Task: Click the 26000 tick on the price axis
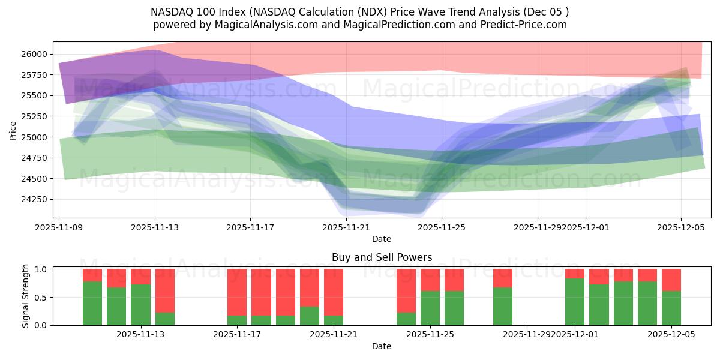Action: pyautogui.click(x=34, y=54)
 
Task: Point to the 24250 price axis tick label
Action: pyautogui.click(x=34, y=199)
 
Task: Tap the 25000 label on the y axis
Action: pyautogui.click(x=34, y=137)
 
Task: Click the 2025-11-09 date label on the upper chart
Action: pyautogui.click(x=59, y=227)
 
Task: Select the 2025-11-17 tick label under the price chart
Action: pyautogui.click(x=250, y=227)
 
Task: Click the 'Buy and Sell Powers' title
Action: pyautogui.click(x=382, y=257)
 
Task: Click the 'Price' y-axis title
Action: pyautogui.click(x=14, y=130)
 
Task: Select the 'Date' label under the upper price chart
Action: pyautogui.click(x=382, y=239)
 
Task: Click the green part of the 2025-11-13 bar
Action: pyautogui.click(x=140, y=305)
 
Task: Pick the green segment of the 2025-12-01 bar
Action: pyautogui.click(x=575, y=302)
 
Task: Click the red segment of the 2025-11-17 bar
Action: pyautogui.click(x=237, y=292)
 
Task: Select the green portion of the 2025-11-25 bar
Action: pyautogui.click(x=430, y=308)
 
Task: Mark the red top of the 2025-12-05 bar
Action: pyautogui.click(x=671, y=280)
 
